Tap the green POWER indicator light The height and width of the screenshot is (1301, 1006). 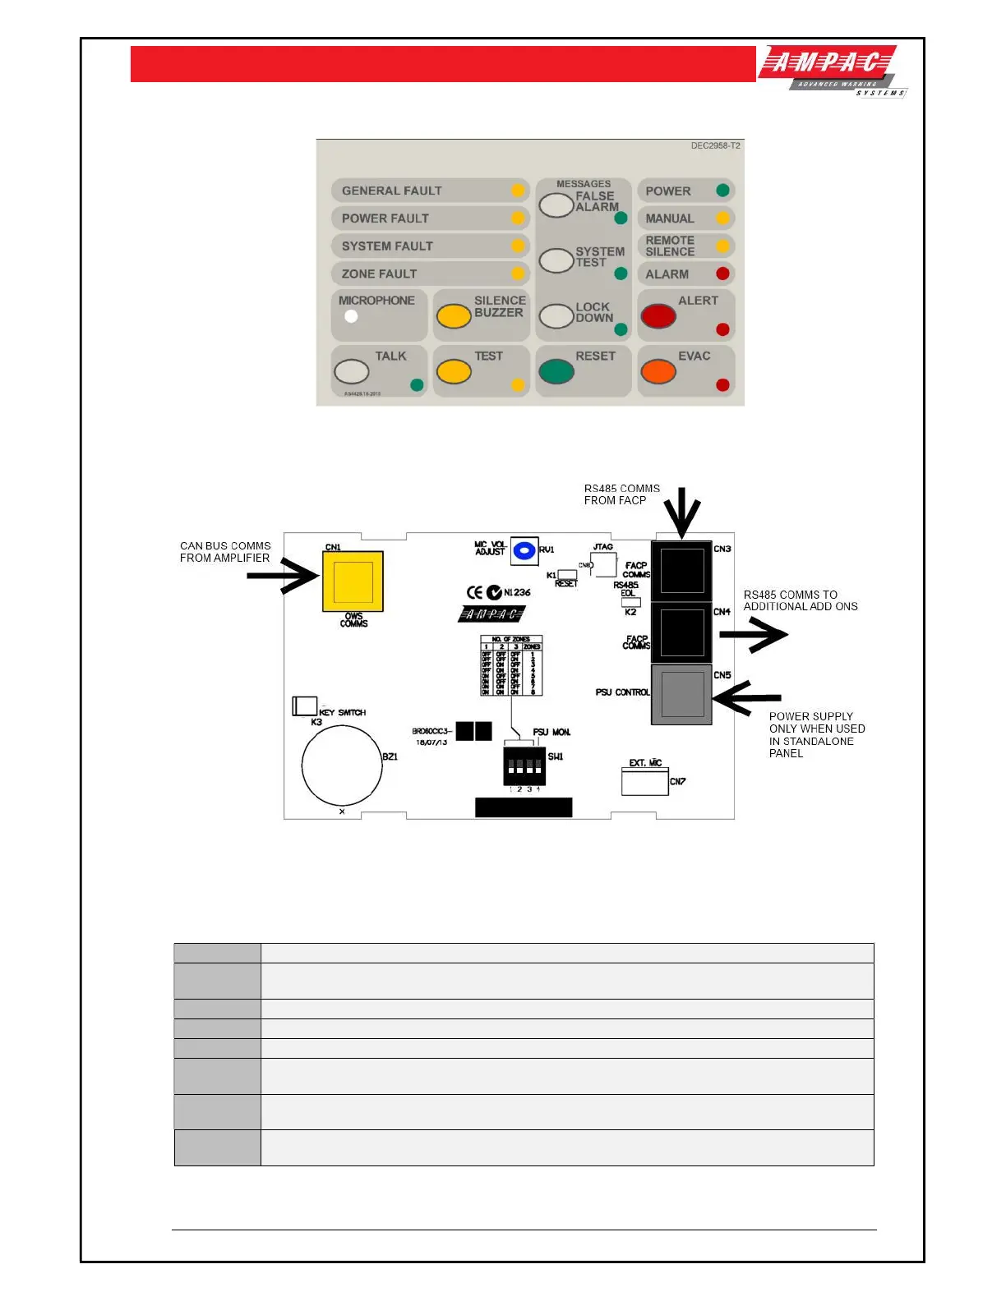[x=722, y=191]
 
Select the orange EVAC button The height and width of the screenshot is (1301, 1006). [x=658, y=371]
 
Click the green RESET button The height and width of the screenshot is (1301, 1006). [x=556, y=371]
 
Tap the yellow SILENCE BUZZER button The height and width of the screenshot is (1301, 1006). [x=454, y=316]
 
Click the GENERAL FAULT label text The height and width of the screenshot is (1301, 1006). [x=391, y=191]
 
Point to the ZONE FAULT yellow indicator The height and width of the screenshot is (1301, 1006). [x=518, y=274]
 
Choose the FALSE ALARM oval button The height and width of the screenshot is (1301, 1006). [x=556, y=205]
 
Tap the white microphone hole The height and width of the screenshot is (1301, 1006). [x=351, y=316]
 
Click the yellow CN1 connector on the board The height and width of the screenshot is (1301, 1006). [x=353, y=582]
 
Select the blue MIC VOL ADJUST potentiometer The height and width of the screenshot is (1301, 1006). [x=524, y=550]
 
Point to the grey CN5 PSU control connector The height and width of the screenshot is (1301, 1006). [x=682, y=694]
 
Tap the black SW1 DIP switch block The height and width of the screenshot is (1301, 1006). [x=524, y=765]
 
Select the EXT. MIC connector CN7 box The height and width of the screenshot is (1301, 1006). [x=645, y=782]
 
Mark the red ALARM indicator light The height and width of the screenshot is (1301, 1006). [x=722, y=274]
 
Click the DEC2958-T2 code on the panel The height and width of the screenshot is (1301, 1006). [x=715, y=145]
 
